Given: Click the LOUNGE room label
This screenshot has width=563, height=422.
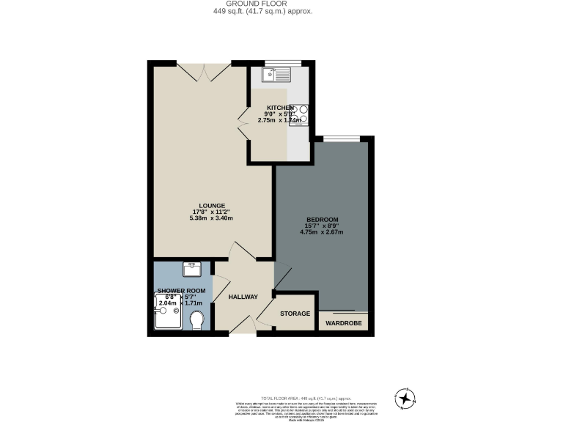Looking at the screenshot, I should [212, 205].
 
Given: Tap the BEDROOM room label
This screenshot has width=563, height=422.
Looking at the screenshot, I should [322, 220].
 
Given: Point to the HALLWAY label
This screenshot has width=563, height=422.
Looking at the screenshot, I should [243, 297].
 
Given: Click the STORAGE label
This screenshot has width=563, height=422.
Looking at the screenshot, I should [295, 314].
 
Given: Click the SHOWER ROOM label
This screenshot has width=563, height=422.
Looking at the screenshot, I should [180, 291].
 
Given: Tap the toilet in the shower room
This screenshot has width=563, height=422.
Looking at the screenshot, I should [196, 320].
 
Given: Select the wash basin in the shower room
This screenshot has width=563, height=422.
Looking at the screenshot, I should [192, 268].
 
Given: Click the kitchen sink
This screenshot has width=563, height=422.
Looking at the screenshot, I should [279, 73].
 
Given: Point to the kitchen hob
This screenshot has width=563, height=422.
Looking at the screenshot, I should [300, 115].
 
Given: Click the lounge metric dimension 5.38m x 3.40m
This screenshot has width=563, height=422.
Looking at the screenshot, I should [212, 218].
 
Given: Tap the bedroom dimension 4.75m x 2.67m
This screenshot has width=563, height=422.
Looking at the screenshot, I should [322, 232].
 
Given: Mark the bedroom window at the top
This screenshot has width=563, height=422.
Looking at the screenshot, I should [342, 138].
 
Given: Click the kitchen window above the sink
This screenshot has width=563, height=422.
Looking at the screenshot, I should [278, 63].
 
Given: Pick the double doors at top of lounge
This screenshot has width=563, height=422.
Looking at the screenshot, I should [205, 71].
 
